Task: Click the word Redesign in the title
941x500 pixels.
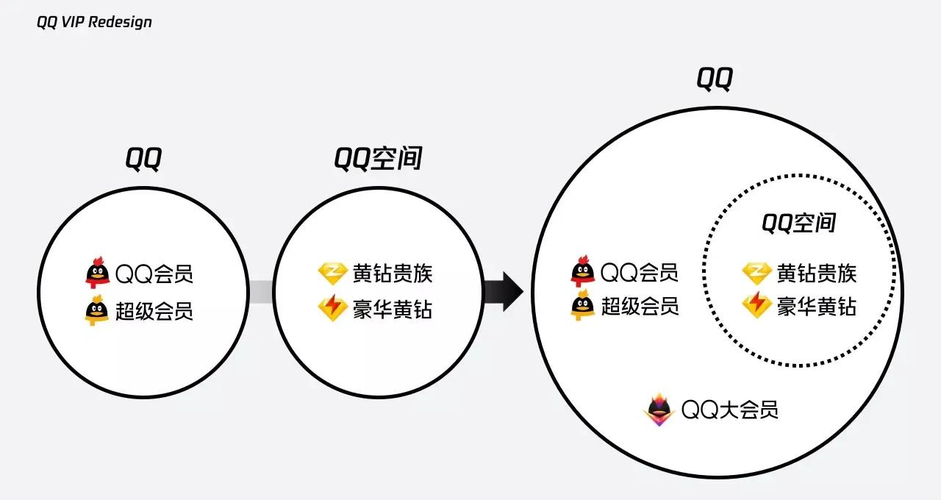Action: (123, 22)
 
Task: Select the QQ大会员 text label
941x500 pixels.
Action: (729, 410)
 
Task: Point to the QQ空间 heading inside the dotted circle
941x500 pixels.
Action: (798, 223)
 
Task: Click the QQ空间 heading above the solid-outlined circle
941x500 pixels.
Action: (378, 158)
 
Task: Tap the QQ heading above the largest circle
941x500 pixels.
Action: (715, 79)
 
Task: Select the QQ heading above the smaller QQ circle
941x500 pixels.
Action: (143, 158)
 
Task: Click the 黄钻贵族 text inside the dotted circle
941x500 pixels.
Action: (817, 274)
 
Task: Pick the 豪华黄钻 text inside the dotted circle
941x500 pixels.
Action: (817, 306)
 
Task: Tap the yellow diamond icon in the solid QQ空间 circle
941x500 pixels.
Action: (332, 274)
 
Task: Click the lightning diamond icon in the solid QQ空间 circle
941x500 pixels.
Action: (332, 308)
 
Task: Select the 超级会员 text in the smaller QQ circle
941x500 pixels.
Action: (154, 311)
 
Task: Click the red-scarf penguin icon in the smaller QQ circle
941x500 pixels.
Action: (96, 273)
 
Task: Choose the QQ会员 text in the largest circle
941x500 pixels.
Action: (639, 273)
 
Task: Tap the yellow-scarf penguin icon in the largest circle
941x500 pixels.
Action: (582, 305)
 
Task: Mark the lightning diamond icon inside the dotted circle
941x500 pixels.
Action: (756, 304)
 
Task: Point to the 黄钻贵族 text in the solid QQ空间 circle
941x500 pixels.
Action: (393, 274)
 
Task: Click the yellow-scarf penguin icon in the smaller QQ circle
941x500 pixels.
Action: (96, 311)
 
